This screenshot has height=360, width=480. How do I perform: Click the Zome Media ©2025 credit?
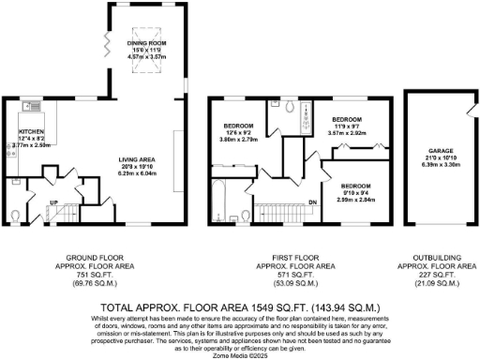[239, 353]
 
